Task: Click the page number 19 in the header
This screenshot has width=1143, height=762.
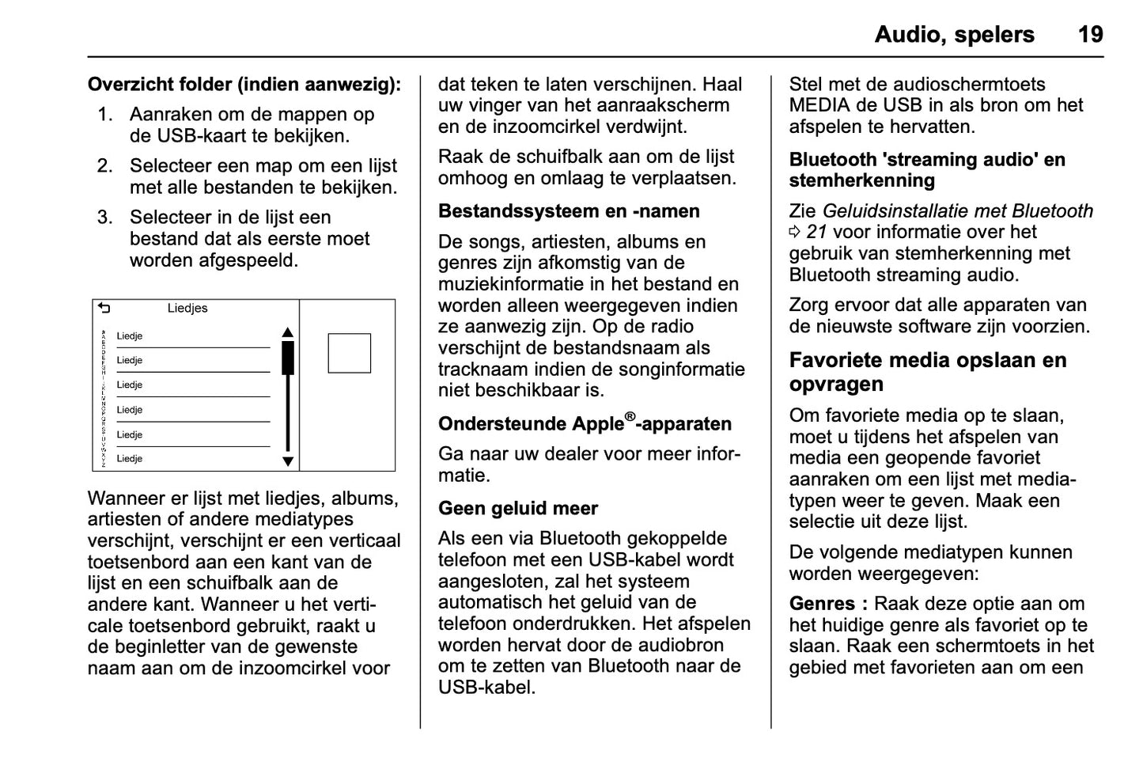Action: click(x=1090, y=34)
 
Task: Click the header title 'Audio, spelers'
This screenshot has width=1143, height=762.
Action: click(x=954, y=34)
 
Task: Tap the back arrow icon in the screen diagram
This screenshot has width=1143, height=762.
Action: click(x=104, y=309)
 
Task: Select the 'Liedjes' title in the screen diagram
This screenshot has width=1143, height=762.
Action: click(x=187, y=309)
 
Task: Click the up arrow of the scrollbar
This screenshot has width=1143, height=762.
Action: click(x=288, y=332)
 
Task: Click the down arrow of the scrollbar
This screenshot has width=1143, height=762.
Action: click(x=288, y=461)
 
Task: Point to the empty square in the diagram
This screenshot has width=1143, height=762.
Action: click(x=350, y=353)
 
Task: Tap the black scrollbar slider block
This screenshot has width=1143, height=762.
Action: click(x=288, y=358)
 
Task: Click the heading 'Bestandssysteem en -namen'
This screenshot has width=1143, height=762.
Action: click(x=569, y=211)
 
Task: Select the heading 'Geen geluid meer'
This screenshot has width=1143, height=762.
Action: click(x=518, y=508)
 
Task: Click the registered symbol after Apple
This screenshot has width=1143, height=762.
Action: click(x=630, y=417)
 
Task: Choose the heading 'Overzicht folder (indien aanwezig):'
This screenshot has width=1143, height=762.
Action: click(x=244, y=84)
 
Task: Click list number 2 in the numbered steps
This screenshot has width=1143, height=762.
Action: click(x=105, y=166)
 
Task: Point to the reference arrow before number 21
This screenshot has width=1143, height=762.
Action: click(x=795, y=233)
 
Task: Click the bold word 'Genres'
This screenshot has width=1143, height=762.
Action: click(x=823, y=604)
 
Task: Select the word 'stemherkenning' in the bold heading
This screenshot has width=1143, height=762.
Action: click(x=861, y=180)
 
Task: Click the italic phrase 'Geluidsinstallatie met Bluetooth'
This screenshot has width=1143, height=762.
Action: click(x=957, y=211)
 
